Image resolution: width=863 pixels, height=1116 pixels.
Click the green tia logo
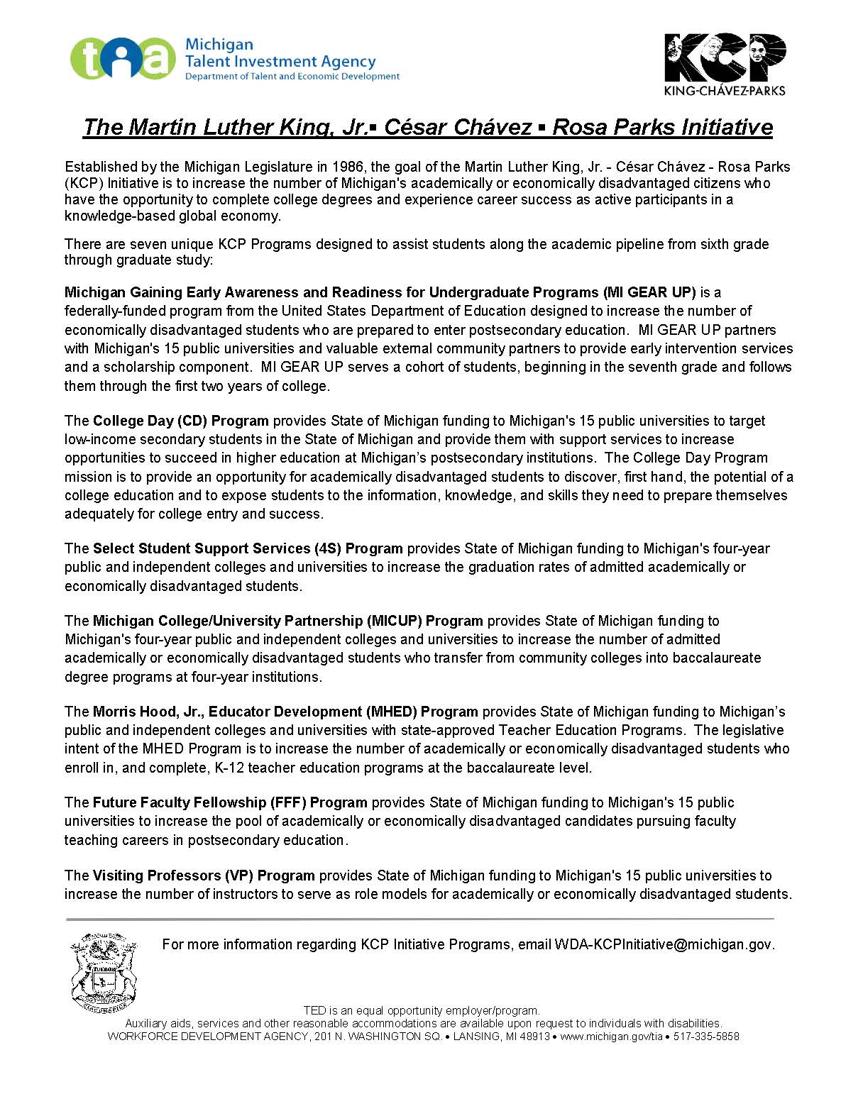122,59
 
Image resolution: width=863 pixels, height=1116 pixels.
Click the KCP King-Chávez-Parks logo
724,62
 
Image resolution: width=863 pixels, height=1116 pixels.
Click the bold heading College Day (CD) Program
181,421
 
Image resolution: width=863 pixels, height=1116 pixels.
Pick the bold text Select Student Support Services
202,548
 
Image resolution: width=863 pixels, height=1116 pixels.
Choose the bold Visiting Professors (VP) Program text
204,875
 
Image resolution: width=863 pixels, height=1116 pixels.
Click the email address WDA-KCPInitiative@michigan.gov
664,944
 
